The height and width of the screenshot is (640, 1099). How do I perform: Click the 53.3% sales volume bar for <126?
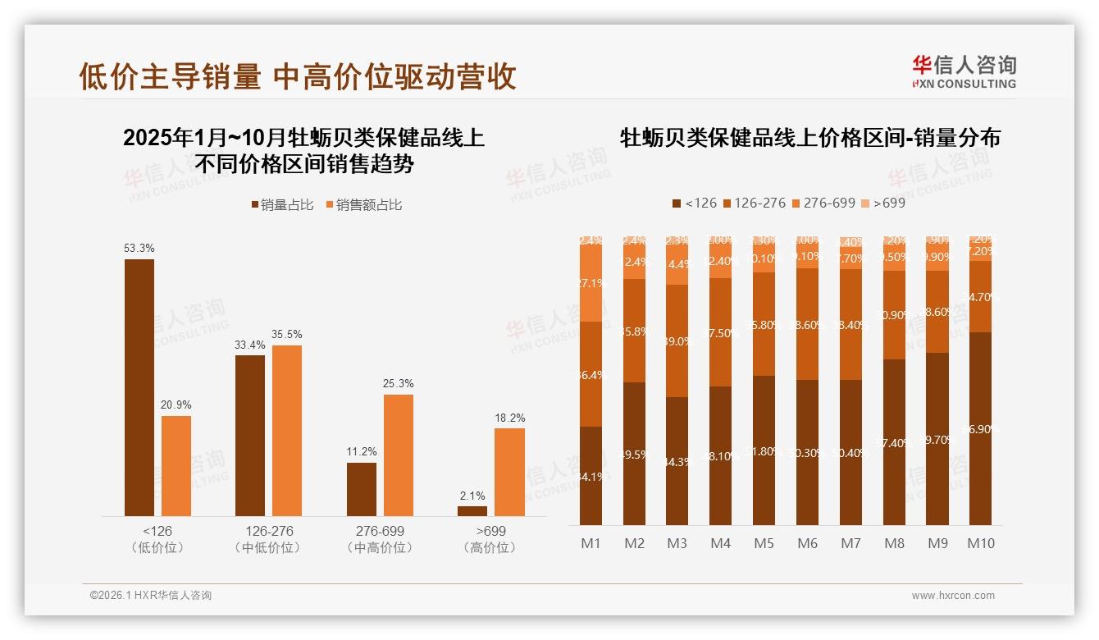point(139,387)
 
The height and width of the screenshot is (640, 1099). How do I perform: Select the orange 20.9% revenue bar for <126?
point(176,465)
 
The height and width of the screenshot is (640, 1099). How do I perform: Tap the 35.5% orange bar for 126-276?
point(287,430)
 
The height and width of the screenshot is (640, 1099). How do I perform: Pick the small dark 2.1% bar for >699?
point(472,510)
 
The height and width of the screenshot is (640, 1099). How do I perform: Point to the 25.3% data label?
point(399,383)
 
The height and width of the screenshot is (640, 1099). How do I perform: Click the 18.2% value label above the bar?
point(509,418)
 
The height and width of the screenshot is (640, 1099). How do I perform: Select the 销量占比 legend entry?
point(282,205)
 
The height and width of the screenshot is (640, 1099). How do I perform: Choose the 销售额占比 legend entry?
point(364,205)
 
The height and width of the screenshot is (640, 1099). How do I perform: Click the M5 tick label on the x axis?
point(764,543)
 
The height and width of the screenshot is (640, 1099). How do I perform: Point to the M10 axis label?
point(980,543)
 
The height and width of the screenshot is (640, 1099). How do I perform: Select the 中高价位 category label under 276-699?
point(380,547)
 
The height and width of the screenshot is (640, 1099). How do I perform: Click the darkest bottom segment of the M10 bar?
point(980,428)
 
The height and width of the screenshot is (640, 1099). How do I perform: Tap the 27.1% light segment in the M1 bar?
point(591,283)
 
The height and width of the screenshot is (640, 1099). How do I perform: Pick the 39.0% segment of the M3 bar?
point(677,341)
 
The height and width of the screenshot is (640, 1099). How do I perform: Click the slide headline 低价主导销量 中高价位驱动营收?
point(298,76)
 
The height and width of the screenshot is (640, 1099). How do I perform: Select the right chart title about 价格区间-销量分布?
point(809,137)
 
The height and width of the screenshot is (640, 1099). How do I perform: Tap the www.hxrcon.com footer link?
point(953,596)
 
